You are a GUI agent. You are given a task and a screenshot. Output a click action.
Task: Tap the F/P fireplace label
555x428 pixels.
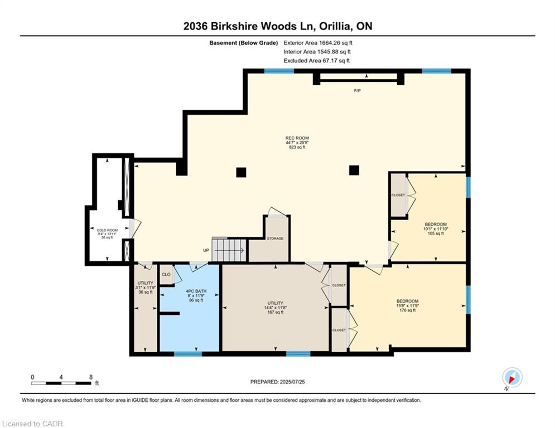[x=357, y=91]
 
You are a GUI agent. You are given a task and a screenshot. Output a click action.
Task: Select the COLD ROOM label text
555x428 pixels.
[x=107, y=230]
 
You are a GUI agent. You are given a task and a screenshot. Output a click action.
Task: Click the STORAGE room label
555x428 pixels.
[x=275, y=239]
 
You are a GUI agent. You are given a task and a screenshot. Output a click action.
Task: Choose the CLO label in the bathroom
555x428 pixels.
[x=166, y=275]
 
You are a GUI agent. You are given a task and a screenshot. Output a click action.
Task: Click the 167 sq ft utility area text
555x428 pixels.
[x=275, y=312]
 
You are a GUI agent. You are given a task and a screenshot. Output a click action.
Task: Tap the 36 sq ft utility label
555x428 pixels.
[x=145, y=292]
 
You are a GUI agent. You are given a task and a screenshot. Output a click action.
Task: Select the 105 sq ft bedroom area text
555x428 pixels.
[x=435, y=234]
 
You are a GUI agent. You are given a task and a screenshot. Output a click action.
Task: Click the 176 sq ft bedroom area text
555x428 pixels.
[x=407, y=310]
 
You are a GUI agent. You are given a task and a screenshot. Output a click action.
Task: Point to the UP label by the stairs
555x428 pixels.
[x=206, y=250]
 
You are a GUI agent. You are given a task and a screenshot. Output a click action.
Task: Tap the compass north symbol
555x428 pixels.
[x=511, y=378]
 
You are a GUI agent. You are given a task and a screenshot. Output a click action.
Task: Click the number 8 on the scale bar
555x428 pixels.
[x=90, y=377]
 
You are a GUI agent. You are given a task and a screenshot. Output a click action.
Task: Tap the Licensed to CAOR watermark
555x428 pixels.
[x=33, y=424]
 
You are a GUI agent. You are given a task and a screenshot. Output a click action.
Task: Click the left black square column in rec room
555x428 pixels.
[x=241, y=172]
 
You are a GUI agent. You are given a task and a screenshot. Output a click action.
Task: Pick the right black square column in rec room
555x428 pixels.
[x=354, y=171]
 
